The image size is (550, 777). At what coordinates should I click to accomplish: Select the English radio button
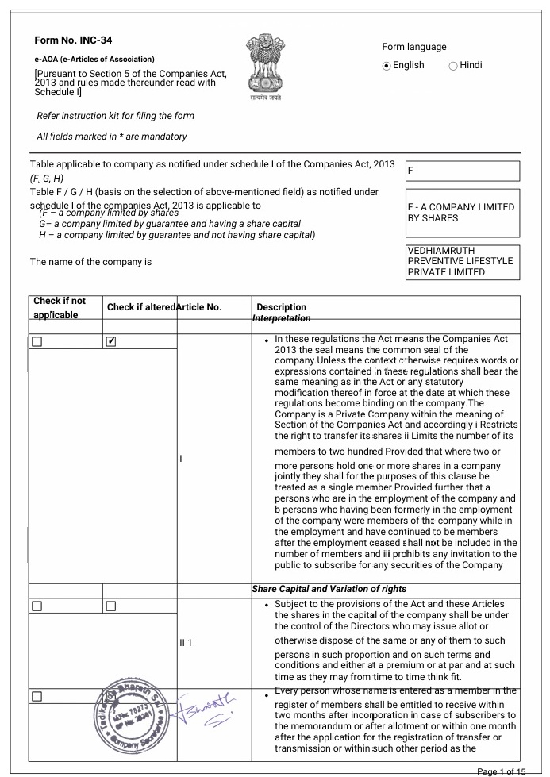[x=387, y=66]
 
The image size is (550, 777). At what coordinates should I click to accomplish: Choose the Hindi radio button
[x=453, y=66]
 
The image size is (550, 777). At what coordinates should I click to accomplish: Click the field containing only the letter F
[x=462, y=171]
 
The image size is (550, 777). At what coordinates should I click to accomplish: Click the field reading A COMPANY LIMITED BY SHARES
[x=462, y=213]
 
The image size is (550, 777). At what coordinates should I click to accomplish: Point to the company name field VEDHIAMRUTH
[x=462, y=261]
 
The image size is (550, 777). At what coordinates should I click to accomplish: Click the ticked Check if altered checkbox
[x=112, y=341]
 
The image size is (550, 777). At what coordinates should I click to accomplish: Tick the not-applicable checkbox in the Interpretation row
[x=37, y=341]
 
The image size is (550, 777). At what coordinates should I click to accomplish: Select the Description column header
[x=281, y=307]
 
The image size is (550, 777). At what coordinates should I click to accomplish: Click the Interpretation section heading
[x=281, y=317]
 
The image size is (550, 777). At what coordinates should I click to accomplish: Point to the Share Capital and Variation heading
[x=329, y=589]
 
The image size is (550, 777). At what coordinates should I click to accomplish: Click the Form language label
[x=413, y=47]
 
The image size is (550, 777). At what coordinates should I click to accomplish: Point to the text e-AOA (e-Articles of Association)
[x=94, y=59]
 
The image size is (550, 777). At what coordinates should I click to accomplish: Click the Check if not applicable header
[x=60, y=307]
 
